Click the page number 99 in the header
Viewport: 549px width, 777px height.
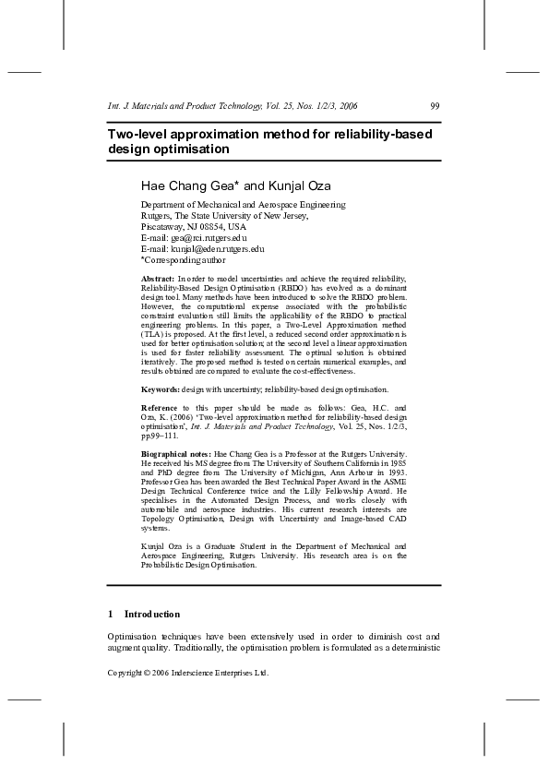click(x=435, y=106)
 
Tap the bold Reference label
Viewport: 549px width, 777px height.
click(x=160, y=407)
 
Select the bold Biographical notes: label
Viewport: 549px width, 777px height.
click(x=175, y=455)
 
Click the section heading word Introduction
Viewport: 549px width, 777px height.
click(x=152, y=614)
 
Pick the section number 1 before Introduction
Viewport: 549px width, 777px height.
click(x=111, y=614)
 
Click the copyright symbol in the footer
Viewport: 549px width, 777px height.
click(x=148, y=674)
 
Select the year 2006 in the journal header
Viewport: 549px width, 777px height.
click(x=348, y=106)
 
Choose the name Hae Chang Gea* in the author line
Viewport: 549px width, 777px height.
click(x=189, y=184)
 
